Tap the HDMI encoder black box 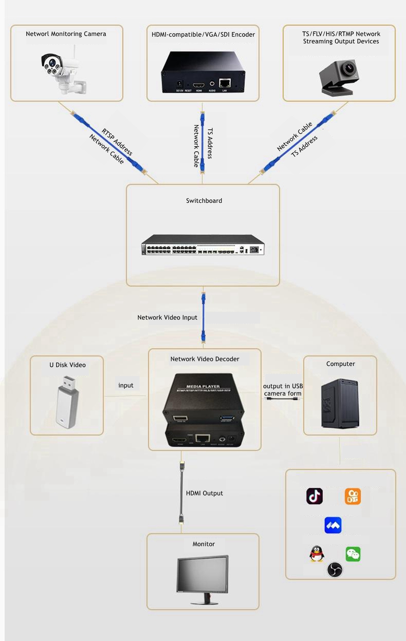203,72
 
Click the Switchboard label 204,201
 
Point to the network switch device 203,245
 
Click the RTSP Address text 117,142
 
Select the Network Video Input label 167,317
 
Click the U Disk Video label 67,365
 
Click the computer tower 340,404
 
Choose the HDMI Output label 204,493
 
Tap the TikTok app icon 315,496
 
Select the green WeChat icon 353,554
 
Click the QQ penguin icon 317,554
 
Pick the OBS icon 335,570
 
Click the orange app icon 353,496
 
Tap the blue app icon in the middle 333,525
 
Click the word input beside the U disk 126,385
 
